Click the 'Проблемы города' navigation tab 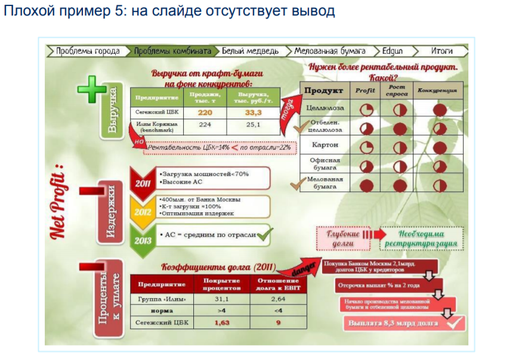click(88, 51)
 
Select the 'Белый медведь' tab click(250, 51)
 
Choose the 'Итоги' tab click(441, 51)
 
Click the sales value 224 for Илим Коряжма click(205, 125)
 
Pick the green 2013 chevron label click(142, 241)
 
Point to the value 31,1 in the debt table click(221, 299)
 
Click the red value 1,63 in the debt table click(221, 324)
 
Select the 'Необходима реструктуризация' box click(421, 238)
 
